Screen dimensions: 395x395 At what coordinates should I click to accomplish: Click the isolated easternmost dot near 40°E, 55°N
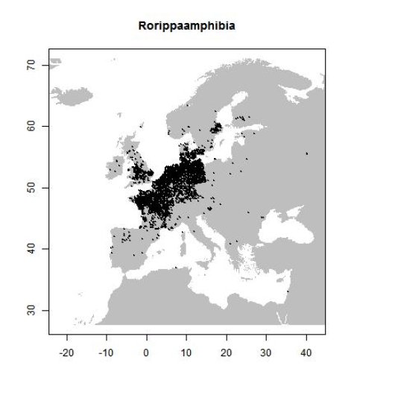[x=307, y=154]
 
